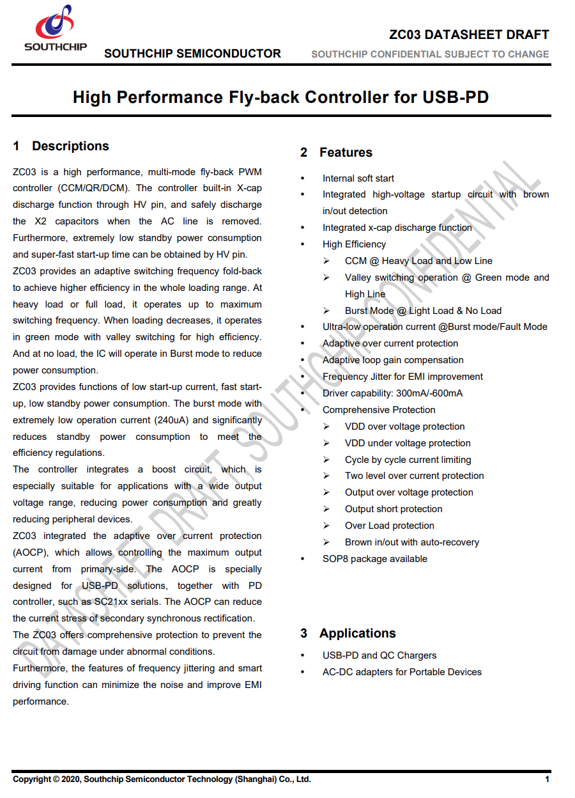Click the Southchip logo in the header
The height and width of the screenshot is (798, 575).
56,27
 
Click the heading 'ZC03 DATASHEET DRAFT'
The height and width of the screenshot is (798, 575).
469,35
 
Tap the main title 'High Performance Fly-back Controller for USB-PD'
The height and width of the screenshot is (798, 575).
280,97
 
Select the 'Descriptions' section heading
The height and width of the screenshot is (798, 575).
70,146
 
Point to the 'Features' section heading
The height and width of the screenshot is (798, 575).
346,152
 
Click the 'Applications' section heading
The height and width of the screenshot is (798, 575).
357,633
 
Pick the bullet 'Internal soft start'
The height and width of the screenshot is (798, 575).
358,178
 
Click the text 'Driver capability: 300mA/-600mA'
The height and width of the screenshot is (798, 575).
392,393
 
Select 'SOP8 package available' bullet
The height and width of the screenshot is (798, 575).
374,559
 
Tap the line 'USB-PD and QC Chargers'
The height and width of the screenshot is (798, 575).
379,655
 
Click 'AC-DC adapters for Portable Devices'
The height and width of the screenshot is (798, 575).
402,672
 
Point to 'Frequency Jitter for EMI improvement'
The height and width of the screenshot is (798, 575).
402,377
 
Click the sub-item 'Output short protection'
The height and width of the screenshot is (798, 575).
394,509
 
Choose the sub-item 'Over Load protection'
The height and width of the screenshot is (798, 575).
389,526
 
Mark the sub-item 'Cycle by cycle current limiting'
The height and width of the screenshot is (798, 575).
408,460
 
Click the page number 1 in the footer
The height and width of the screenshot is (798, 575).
547,779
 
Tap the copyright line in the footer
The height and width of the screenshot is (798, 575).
162,779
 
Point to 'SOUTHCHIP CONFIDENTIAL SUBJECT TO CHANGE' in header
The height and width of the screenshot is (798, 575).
430,54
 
